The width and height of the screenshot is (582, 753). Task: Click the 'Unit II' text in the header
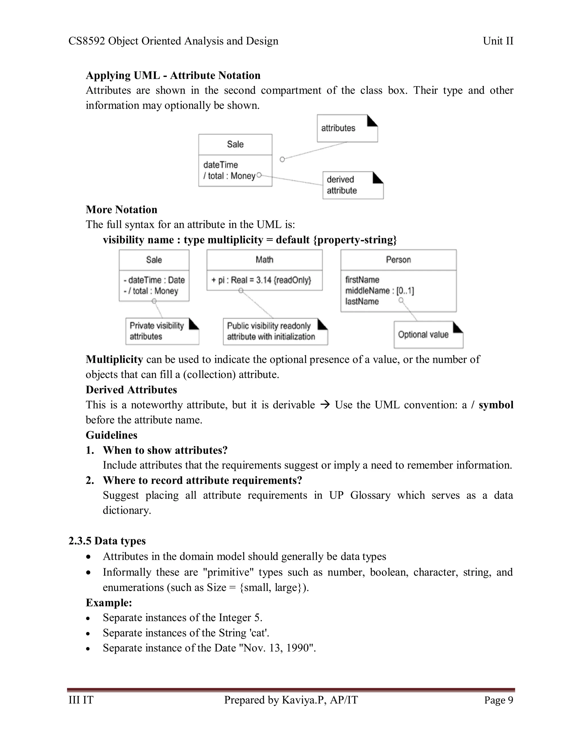[498, 41]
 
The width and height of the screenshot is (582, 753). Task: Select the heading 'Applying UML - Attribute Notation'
[173, 75]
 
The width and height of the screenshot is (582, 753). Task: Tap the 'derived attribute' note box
[352, 185]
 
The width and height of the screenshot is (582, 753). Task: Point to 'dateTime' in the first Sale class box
[220, 165]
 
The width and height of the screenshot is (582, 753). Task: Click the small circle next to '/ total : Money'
[259, 175]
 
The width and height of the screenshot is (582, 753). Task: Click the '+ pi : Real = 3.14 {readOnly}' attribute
[261, 280]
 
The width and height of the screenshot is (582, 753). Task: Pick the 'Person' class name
[398, 260]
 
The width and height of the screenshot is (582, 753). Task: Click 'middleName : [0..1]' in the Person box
[379, 291]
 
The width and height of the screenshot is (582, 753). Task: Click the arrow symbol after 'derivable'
[325, 404]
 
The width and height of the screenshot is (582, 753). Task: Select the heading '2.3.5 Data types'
[107, 541]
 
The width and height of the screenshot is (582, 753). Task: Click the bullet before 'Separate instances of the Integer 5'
[89, 618]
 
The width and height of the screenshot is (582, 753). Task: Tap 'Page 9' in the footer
[498, 700]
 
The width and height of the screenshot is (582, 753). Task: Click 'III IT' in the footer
[81, 700]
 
